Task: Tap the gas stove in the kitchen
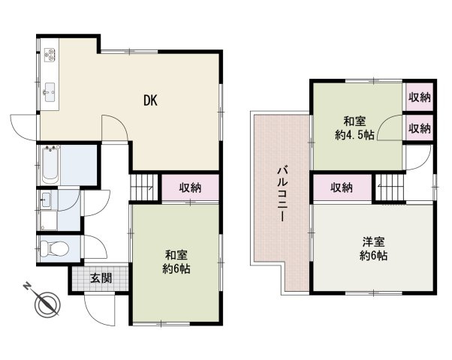point(50,53)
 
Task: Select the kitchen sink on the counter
point(50,91)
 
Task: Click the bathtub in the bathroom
point(50,164)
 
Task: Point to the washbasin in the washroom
point(45,200)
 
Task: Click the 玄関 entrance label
point(101,278)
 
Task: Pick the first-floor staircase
point(146,187)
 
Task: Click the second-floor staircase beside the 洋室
point(390,187)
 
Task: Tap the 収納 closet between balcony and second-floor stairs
point(342,188)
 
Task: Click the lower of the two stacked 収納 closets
point(419,127)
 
